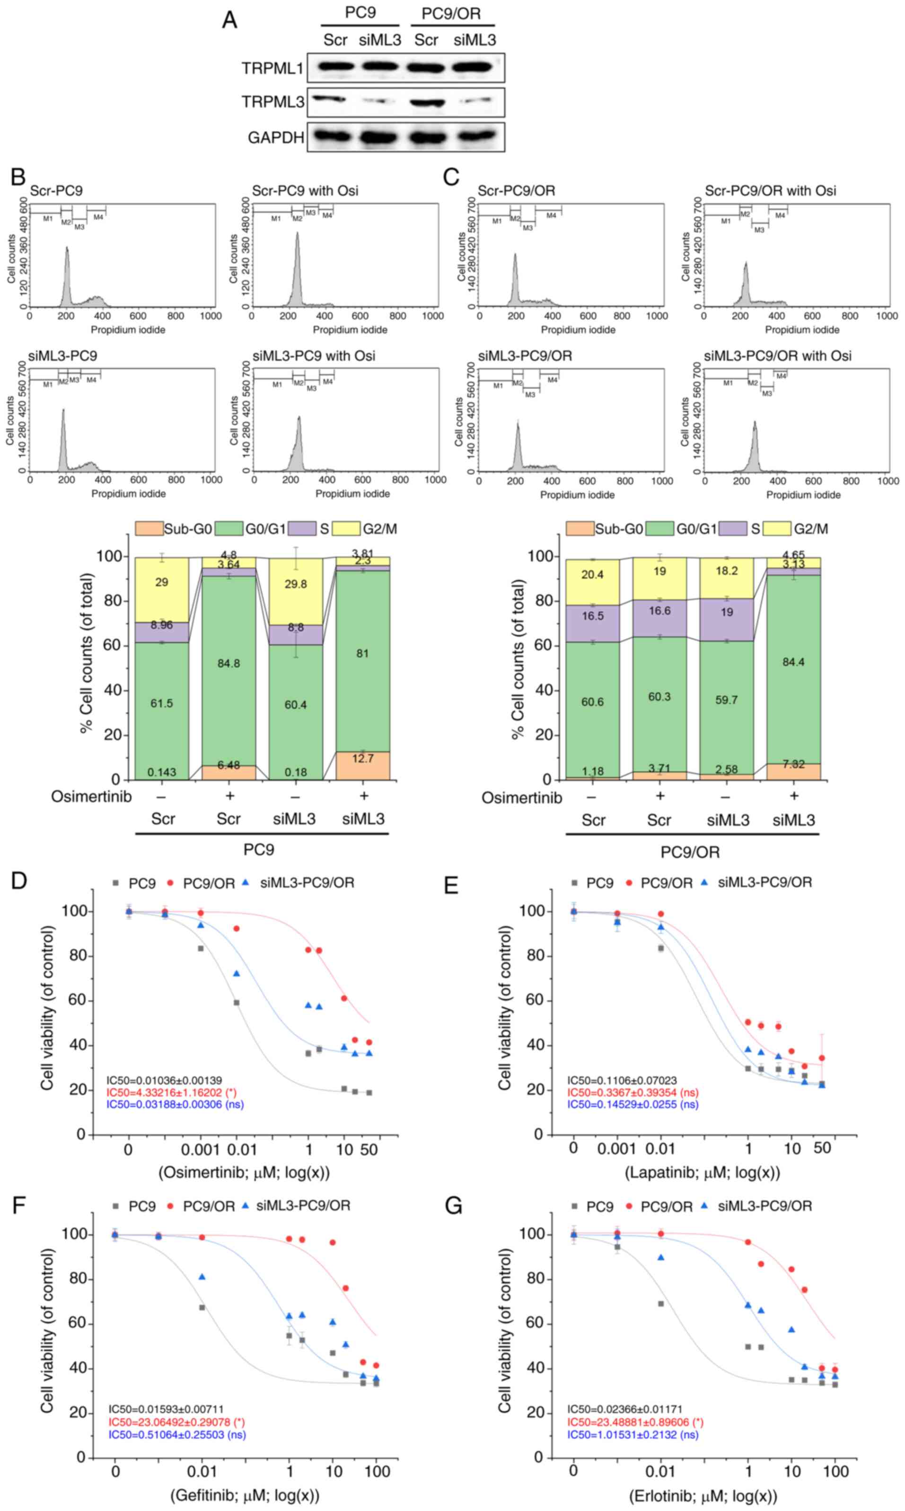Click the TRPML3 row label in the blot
272,102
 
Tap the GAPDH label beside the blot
276,138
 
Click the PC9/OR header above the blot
451,13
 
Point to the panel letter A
230,20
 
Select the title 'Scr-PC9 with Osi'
305,191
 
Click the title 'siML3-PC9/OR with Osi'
778,356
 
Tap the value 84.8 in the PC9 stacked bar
228,663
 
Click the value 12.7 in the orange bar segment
363,759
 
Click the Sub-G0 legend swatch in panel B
149,528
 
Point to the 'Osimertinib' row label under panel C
521,798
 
